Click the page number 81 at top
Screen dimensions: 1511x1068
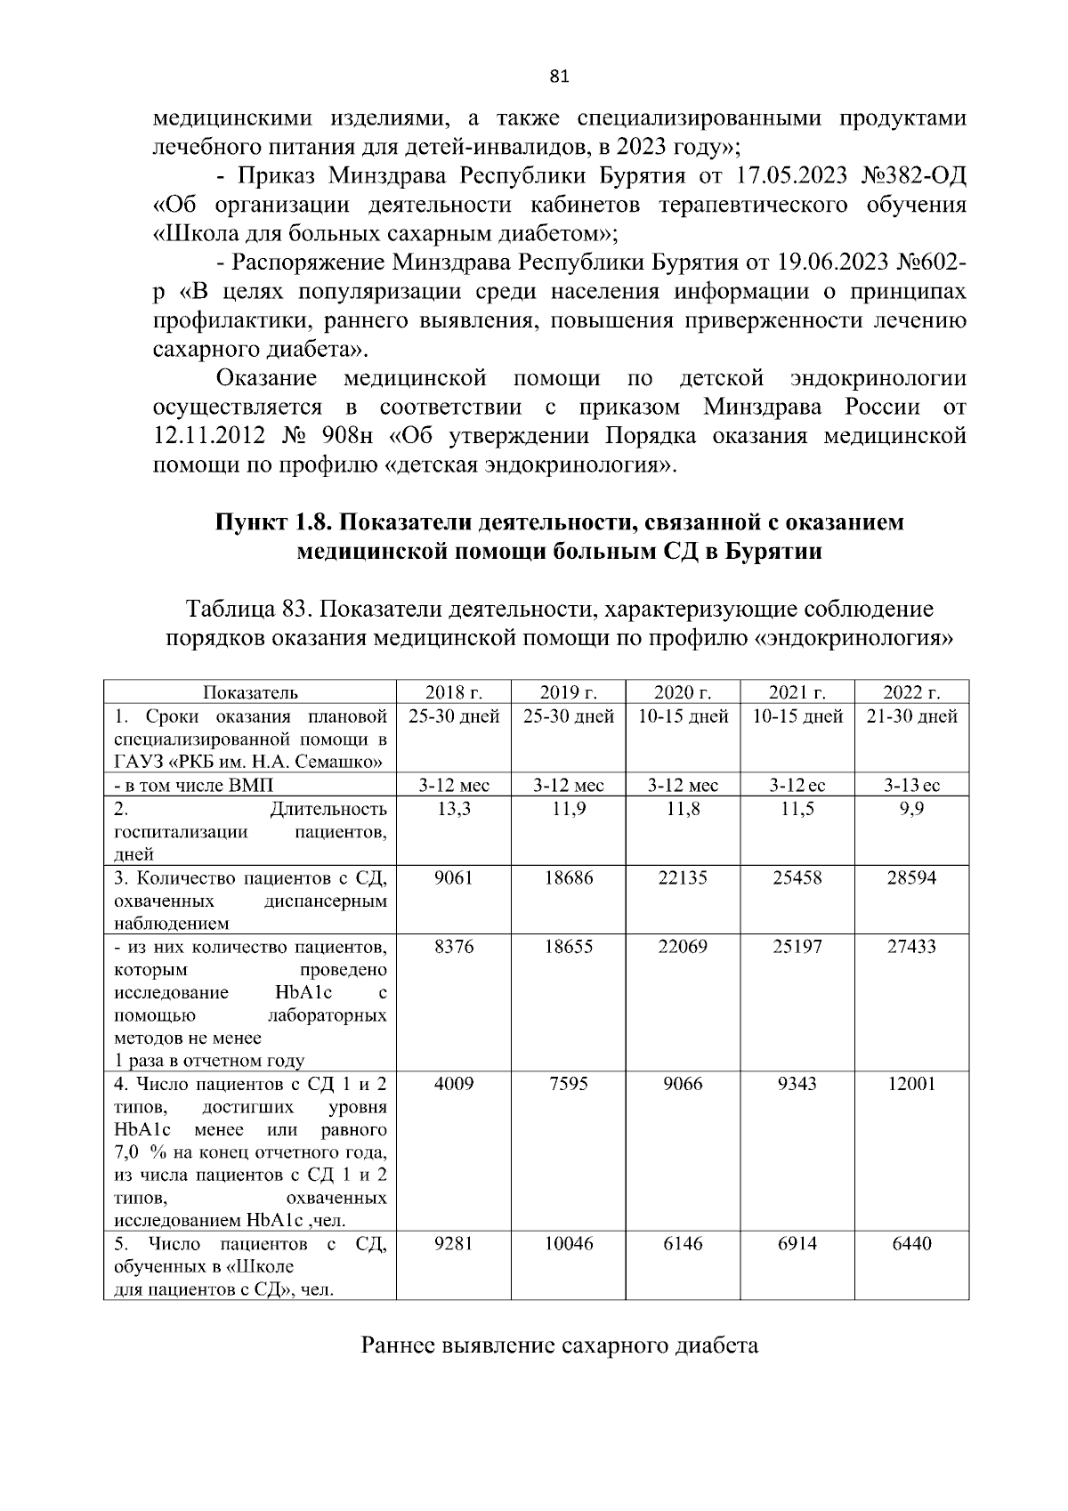click(x=559, y=77)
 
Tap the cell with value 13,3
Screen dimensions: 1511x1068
click(x=454, y=809)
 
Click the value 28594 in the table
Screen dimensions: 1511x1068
click(x=911, y=877)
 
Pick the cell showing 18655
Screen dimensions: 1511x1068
click(x=568, y=947)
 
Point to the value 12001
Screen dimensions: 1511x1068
click(x=911, y=1084)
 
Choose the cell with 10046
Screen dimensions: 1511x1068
click(x=568, y=1243)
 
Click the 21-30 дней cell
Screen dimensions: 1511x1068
click(x=911, y=716)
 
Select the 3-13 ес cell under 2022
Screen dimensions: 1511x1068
click(x=911, y=786)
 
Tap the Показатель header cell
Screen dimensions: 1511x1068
click(x=250, y=692)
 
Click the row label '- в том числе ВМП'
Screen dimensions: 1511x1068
click(x=194, y=786)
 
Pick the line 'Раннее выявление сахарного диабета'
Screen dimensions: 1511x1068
click(x=559, y=1345)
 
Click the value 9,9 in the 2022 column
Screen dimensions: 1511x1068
click(x=911, y=809)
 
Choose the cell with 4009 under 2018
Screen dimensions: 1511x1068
click(x=454, y=1084)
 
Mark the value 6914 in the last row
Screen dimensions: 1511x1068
click(x=797, y=1243)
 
